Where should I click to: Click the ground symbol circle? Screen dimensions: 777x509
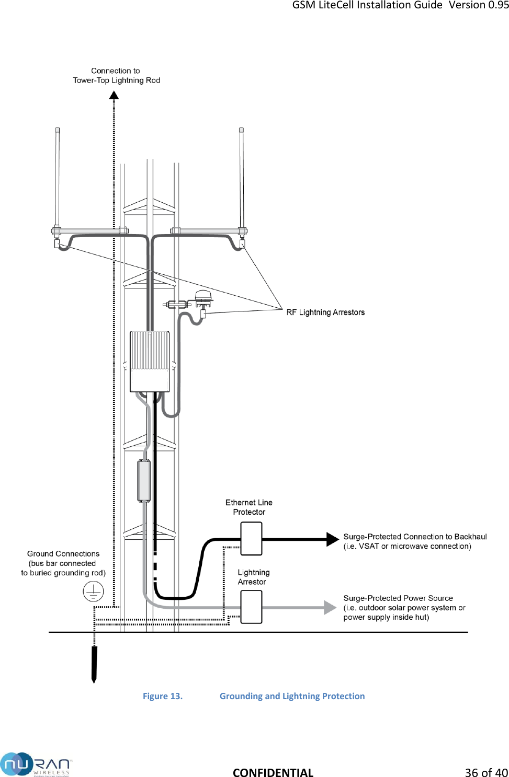point(93,592)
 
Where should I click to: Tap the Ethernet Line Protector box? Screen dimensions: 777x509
point(251,539)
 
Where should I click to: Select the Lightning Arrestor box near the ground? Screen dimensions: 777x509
point(251,607)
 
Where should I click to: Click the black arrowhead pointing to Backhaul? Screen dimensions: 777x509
point(332,539)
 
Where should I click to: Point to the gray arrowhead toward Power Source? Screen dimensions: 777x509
point(330,607)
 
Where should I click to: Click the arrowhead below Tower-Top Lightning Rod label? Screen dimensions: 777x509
point(114,95)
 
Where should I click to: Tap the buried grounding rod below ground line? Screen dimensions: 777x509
point(94,664)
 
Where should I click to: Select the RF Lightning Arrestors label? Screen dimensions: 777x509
point(325,312)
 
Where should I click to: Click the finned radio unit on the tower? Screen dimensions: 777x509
point(150,361)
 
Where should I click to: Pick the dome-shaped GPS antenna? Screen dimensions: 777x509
point(203,296)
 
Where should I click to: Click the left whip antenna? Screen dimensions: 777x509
point(58,178)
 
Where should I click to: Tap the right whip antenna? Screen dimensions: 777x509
point(241,178)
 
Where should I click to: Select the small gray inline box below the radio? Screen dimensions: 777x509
point(144,481)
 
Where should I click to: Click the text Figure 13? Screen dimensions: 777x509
point(163,696)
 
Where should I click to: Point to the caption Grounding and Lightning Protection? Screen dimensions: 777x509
point(292,696)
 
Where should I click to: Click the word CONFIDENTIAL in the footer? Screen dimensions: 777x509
point(273,772)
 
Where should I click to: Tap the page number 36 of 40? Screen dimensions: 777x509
point(486,772)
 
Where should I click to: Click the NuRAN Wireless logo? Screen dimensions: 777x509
point(36,764)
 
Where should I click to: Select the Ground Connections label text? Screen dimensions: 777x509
point(63,563)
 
